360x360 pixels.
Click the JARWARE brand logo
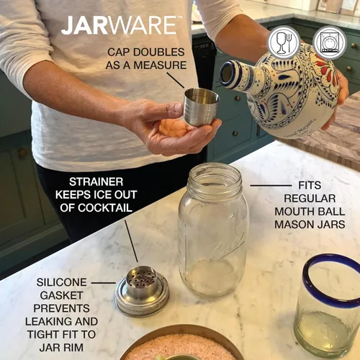[x=119, y=24]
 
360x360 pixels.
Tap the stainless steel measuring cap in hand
[x=201, y=107]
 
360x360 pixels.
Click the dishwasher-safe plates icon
[x=329, y=42]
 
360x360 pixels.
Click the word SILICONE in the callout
[x=63, y=282]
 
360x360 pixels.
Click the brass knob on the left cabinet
[x=22, y=153]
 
